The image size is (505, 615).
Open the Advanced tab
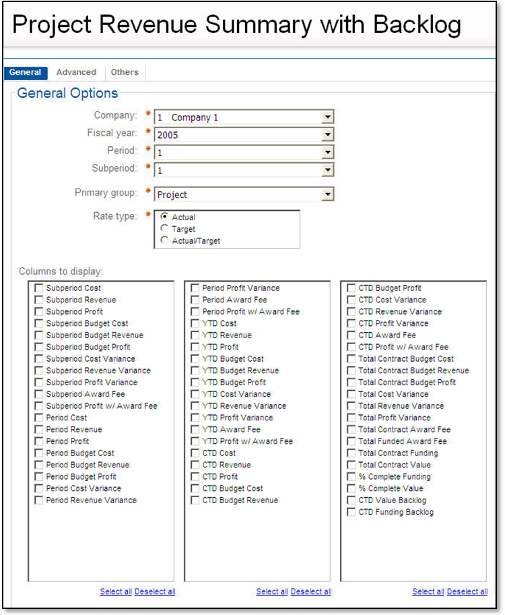tap(76, 73)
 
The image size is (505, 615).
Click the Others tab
tap(125, 73)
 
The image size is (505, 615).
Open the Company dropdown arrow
tap(327, 117)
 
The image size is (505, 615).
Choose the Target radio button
tap(165, 229)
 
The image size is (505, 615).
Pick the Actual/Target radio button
tap(165, 240)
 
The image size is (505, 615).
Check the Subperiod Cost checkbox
tap(39, 288)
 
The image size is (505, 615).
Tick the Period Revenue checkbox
tap(39, 430)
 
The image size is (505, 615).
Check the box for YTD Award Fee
tap(195, 430)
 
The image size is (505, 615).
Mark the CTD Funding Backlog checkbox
tap(351, 513)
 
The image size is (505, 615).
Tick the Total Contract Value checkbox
tap(351, 465)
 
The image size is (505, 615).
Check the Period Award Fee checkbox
tap(195, 300)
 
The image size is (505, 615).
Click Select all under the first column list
tap(116, 592)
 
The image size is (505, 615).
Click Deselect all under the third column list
tap(467, 592)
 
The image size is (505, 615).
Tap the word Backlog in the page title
tap(411, 25)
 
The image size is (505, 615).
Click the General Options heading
tap(67, 94)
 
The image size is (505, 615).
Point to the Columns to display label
tap(61, 271)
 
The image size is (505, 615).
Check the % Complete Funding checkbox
tap(351, 477)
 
